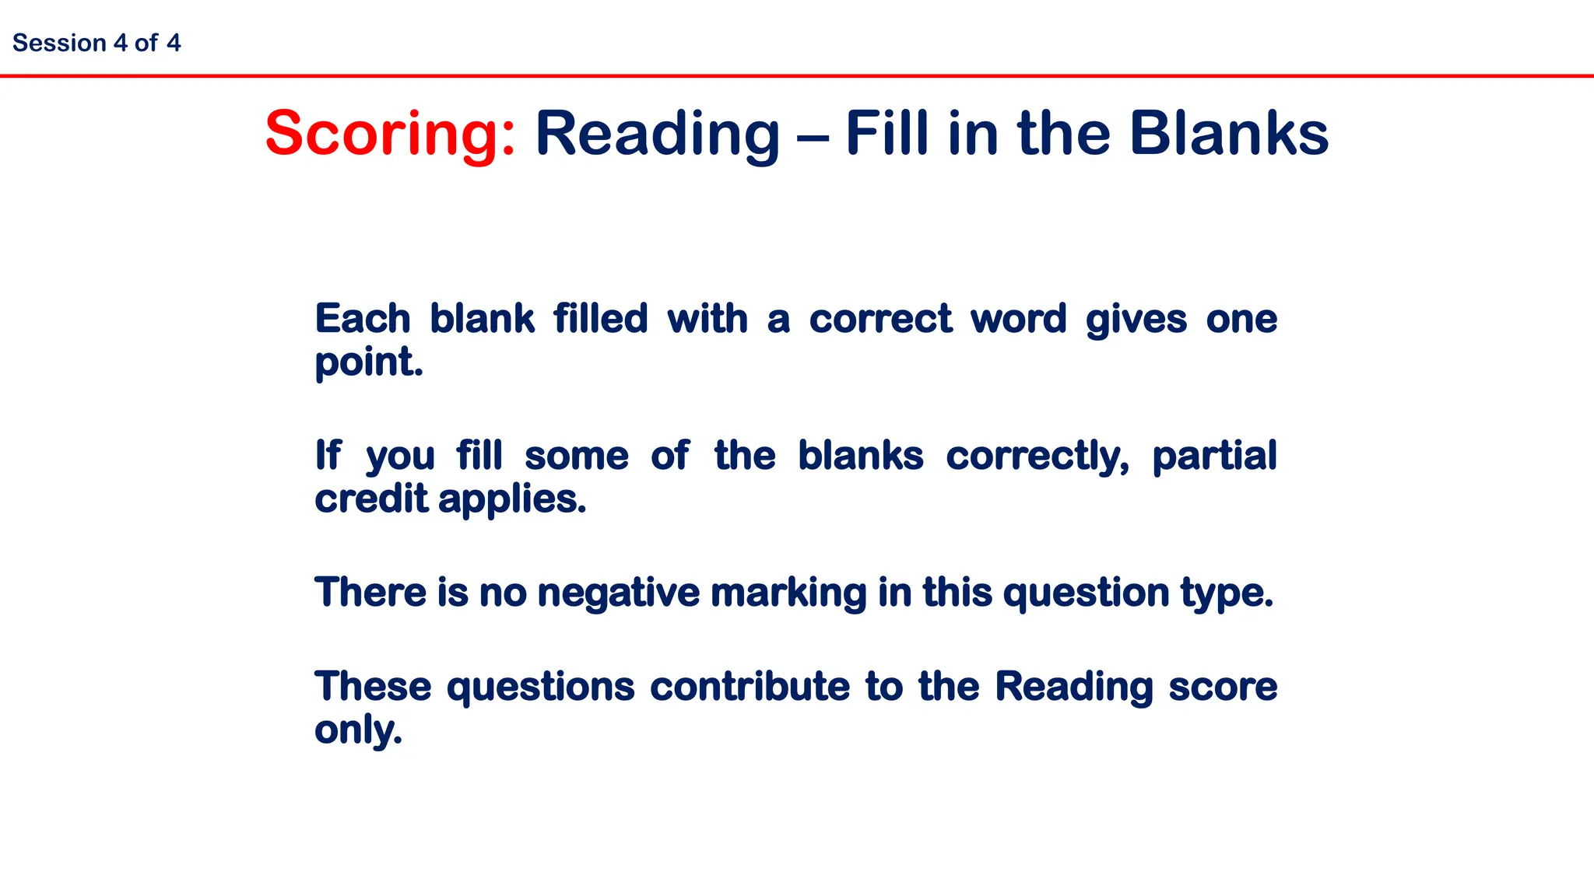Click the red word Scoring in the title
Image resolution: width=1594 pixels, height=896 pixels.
click(x=389, y=134)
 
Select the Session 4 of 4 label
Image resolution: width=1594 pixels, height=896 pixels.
click(x=97, y=43)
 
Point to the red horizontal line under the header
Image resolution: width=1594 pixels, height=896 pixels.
click(x=797, y=76)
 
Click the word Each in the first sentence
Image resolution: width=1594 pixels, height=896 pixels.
click(x=362, y=319)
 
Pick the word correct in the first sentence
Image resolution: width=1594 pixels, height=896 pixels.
click(x=880, y=319)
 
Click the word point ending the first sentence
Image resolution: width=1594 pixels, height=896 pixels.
click(x=368, y=362)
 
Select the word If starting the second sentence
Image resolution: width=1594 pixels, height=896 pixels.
click(x=328, y=455)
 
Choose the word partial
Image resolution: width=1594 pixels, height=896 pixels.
click(x=1214, y=457)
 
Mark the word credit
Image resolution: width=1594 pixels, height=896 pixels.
click(x=371, y=499)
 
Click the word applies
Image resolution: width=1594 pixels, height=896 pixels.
click(x=511, y=500)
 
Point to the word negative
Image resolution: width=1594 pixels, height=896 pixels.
click(x=619, y=593)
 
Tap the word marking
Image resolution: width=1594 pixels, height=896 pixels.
click(x=788, y=593)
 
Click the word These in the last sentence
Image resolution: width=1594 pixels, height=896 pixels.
click(x=373, y=687)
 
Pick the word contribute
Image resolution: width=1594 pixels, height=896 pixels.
click(x=750, y=687)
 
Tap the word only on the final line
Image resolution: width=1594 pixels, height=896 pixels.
click(x=358, y=730)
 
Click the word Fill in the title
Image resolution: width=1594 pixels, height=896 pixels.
click(x=887, y=134)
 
